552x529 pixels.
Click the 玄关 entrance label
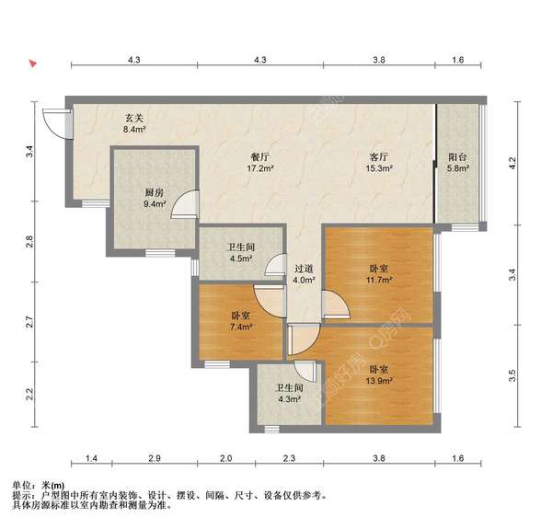[x=134, y=118]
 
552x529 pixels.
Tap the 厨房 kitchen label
[x=154, y=192]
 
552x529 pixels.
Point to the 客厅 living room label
[x=380, y=156]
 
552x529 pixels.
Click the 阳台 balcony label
[x=458, y=156]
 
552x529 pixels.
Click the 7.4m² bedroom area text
[x=242, y=326]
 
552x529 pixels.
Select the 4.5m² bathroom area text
[x=241, y=259]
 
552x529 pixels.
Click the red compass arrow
[x=33, y=65]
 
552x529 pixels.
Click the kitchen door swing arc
[x=187, y=204]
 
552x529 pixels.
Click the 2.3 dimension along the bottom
[x=288, y=458]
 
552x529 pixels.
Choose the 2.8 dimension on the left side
[x=29, y=243]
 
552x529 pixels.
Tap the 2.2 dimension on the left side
[x=29, y=396]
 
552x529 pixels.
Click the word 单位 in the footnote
[x=22, y=485]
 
